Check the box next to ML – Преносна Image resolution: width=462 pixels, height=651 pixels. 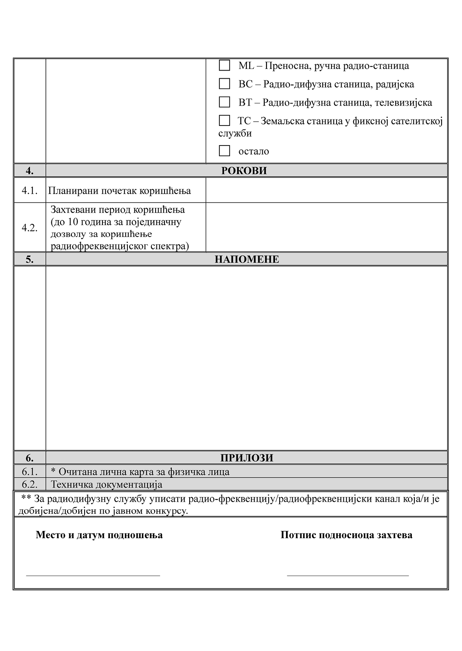pos(224,66)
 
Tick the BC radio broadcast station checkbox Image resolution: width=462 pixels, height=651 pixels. pos(224,84)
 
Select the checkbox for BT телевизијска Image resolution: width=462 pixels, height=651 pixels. pos(224,102)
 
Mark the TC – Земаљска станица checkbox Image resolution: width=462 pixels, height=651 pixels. pos(224,121)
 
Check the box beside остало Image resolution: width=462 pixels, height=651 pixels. pos(224,151)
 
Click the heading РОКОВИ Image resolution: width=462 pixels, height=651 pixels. pos(244,171)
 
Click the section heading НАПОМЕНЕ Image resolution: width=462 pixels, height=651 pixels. pos(247,259)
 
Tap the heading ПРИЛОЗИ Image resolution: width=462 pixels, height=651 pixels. pos(247,458)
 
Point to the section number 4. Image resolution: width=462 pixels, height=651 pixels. pos(30,171)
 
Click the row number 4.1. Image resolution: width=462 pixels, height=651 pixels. pos(30,190)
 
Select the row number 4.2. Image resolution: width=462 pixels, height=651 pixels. pos(30,228)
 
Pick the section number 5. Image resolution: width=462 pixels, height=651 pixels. pos(30,259)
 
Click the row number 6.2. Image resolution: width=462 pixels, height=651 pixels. pos(30,484)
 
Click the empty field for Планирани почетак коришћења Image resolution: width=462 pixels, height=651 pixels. pos(326,190)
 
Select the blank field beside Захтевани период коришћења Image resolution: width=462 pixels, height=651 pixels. pos(326,228)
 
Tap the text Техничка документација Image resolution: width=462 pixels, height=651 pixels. pos(107,484)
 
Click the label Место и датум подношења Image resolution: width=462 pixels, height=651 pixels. pos(99,535)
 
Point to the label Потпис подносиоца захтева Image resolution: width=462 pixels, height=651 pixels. pos(346,535)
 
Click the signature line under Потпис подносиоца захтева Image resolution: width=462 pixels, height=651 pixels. pos(348,575)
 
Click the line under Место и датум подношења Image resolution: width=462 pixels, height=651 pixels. pos(93,575)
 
